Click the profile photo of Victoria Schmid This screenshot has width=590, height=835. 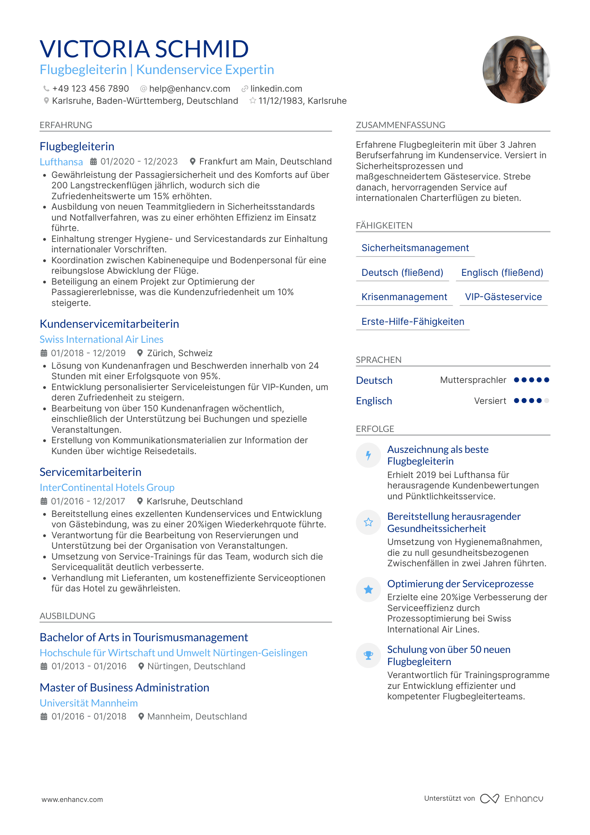(x=516, y=69)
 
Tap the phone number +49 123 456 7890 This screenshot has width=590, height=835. (x=90, y=89)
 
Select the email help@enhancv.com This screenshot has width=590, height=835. (x=190, y=89)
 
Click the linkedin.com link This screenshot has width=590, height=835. (x=276, y=89)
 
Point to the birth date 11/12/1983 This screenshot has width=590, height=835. (x=281, y=101)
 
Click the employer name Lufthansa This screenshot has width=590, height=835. (x=61, y=162)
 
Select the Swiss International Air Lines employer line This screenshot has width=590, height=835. (x=102, y=339)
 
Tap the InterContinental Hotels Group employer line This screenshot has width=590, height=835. (x=107, y=488)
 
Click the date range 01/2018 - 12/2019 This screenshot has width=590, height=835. (x=88, y=353)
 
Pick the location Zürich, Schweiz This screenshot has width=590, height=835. (x=180, y=353)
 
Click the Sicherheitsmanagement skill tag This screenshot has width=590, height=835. (x=415, y=248)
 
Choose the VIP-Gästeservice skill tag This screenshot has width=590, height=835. (x=503, y=297)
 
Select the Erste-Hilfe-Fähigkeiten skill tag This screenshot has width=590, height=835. (x=413, y=322)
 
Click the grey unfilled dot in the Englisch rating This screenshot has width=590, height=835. (x=546, y=401)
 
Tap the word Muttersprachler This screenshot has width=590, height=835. (x=473, y=380)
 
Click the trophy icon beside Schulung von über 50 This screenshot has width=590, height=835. (x=368, y=655)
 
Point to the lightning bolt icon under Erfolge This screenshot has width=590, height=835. (x=368, y=455)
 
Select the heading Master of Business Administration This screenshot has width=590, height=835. (x=125, y=688)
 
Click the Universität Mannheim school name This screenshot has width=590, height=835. (x=89, y=703)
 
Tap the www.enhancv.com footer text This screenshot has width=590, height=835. (x=72, y=799)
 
